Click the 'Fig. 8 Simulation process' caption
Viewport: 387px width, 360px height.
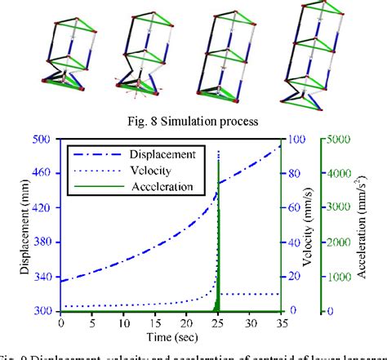coord(193,120)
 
